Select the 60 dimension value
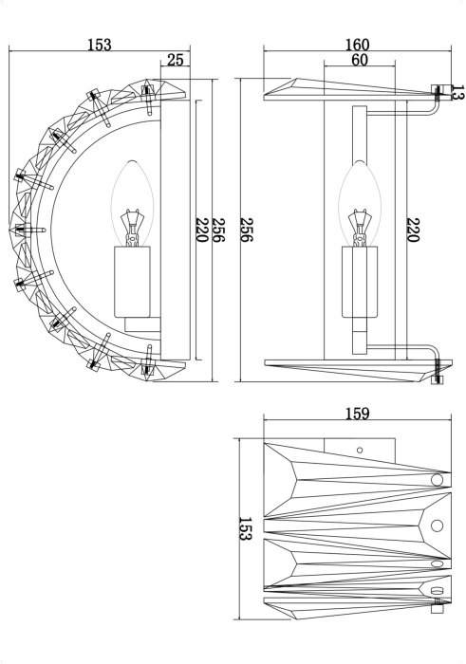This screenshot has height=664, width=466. pyautogui.click(x=359, y=60)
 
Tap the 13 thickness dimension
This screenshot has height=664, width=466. pyautogui.click(x=457, y=93)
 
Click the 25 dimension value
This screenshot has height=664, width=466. pyautogui.click(x=175, y=60)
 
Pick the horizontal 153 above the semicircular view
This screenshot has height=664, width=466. pyautogui.click(x=98, y=45)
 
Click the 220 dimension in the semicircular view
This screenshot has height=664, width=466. pyautogui.click(x=201, y=230)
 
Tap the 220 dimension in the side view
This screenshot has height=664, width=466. pyautogui.click(x=413, y=230)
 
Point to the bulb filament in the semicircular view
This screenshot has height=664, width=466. pyautogui.click(x=132, y=226)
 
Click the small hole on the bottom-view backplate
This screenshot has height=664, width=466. pyautogui.click(x=361, y=449)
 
